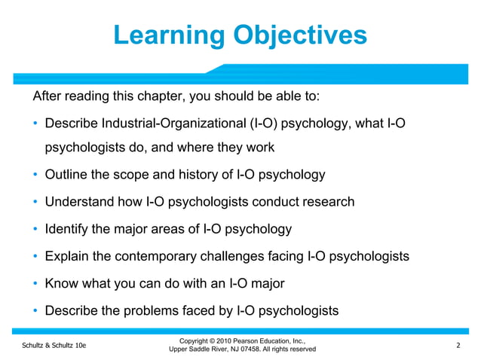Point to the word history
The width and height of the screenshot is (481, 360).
(186, 175)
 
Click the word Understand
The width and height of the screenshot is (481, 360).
(79, 202)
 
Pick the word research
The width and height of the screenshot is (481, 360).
(326, 202)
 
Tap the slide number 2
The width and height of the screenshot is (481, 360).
(458, 345)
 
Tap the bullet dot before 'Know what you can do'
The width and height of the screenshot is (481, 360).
(35, 284)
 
